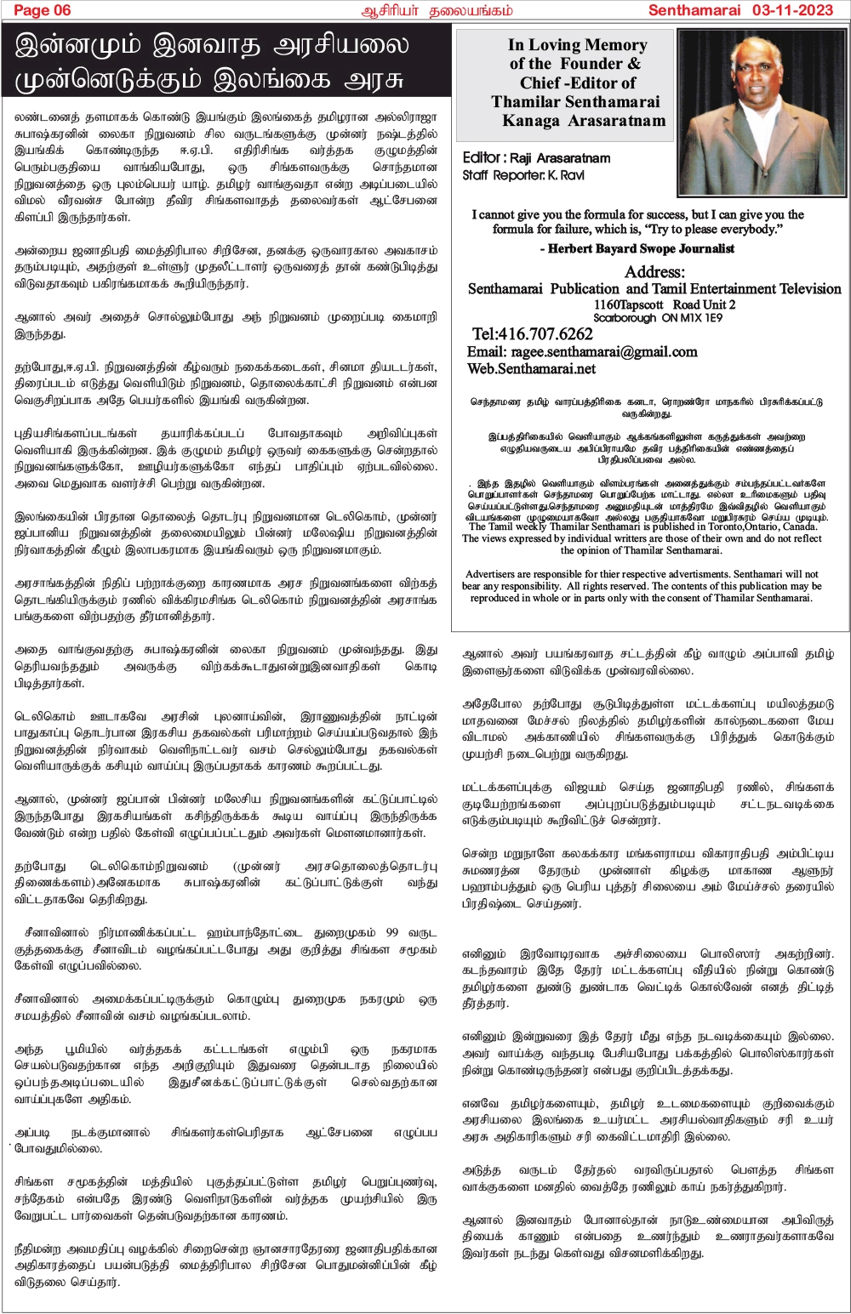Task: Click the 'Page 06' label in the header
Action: tap(43, 10)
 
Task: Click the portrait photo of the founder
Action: tap(761, 113)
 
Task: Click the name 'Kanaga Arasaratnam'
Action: tap(584, 121)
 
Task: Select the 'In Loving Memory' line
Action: tap(577, 45)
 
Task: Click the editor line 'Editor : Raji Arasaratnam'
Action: tap(536, 158)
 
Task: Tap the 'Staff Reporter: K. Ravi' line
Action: tap(523, 175)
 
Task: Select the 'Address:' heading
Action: tap(654, 272)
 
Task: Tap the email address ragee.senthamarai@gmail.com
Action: tap(582, 351)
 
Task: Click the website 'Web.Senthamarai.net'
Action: tap(531, 368)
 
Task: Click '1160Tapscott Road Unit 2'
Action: tap(665, 304)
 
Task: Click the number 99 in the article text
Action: tap(391, 932)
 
